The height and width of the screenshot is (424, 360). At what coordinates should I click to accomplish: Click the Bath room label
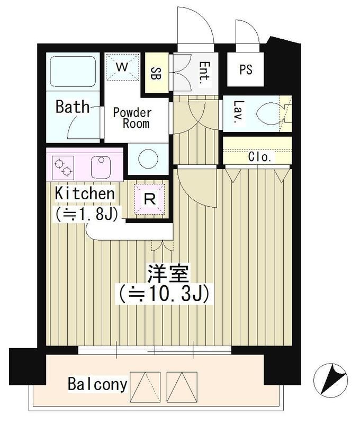[x=73, y=107]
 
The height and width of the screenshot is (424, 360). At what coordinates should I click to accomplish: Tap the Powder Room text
[x=132, y=118]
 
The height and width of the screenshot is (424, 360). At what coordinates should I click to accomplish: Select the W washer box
[x=122, y=68]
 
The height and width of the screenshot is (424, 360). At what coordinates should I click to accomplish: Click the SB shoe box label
[x=156, y=73]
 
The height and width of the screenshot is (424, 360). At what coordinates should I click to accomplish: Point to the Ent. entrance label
[x=203, y=73]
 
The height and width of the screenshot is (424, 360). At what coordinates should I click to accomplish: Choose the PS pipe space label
[x=245, y=69]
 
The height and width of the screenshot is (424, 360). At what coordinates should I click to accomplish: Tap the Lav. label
[x=236, y=112]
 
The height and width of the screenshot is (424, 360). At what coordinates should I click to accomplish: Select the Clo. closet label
[x=259, y=157]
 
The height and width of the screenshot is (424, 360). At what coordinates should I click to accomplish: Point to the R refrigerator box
[x=150, y=199]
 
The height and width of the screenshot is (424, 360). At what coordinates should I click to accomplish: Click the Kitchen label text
[x=85, y=193]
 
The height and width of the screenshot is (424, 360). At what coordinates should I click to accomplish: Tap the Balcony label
[x=97, y=384]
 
